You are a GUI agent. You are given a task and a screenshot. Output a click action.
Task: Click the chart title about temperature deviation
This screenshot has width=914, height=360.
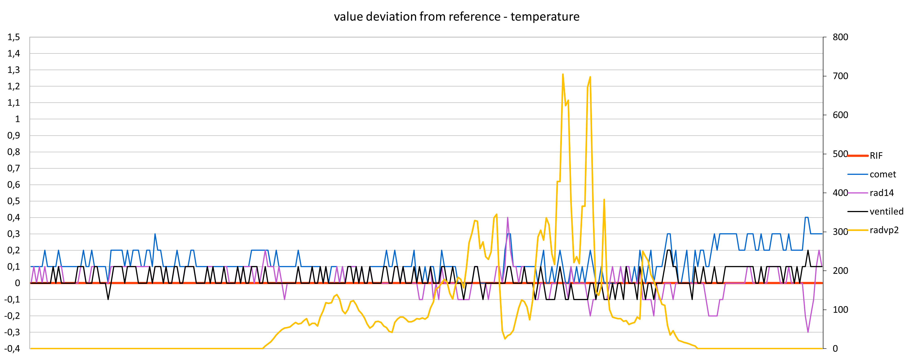click(457, 17)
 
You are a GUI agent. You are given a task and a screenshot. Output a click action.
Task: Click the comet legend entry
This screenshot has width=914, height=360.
click(882, 174)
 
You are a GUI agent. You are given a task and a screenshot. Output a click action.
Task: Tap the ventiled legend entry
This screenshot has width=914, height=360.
click(886, 211)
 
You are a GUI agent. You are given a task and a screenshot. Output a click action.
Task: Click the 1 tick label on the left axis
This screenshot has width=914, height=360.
click(17, 119)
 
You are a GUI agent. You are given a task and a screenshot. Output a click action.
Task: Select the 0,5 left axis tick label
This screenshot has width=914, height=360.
click(13, 201)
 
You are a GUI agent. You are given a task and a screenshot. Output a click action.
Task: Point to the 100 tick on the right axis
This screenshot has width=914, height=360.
click(840, 310)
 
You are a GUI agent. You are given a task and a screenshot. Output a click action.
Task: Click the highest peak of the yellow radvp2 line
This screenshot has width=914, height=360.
click(563, 75)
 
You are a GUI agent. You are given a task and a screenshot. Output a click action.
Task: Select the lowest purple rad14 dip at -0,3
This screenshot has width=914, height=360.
click(808, 332)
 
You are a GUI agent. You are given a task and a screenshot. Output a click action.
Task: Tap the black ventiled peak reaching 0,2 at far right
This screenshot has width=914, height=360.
click(808, 250)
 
